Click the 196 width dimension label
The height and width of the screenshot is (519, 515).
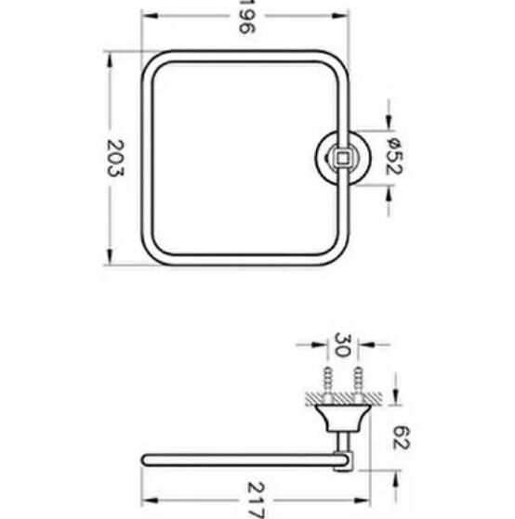tap(246, 21)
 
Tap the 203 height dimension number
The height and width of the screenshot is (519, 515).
tap(116, 159)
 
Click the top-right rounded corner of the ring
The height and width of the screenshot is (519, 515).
tap(339, 61)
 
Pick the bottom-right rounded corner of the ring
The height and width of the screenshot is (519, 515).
tap(339, 257)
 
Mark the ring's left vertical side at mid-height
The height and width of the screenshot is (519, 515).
tap(146, 159)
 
